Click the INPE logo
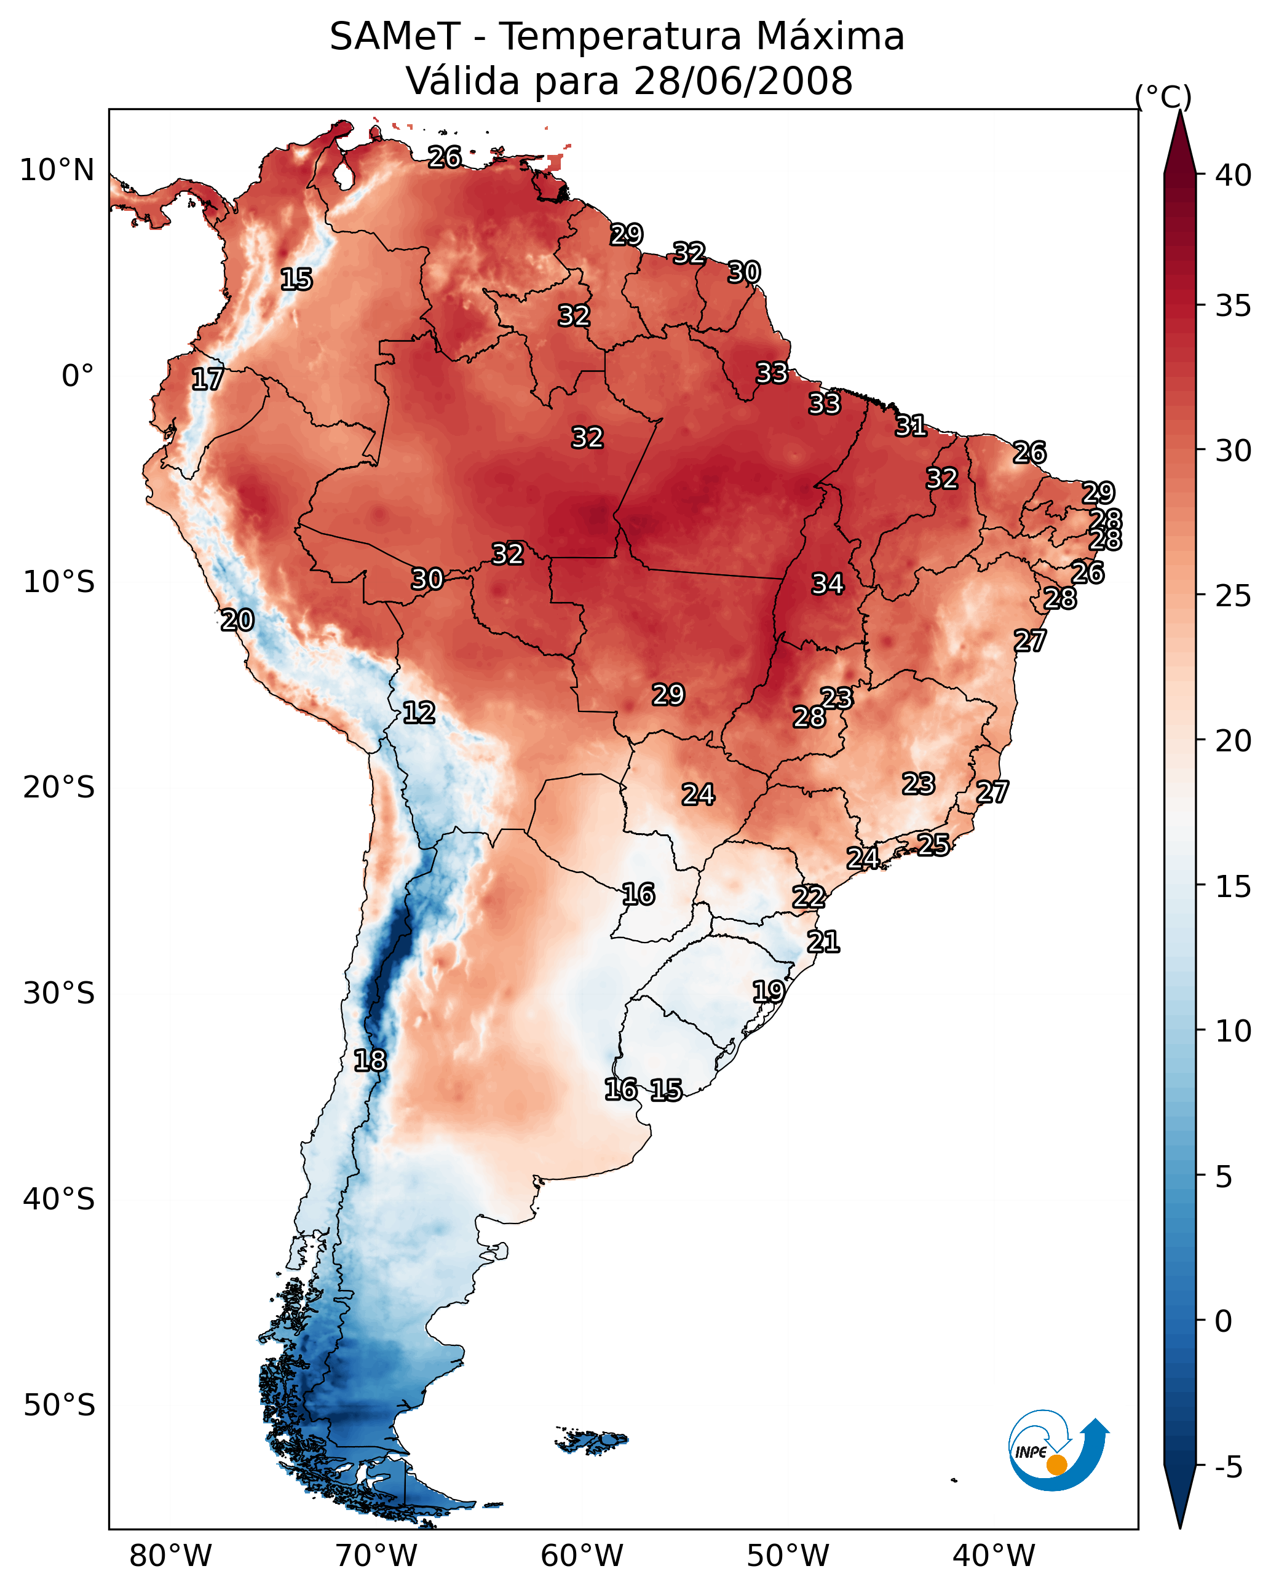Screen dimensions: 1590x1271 1056,1450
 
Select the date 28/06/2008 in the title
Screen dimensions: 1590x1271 742,81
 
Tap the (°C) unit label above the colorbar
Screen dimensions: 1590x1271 1163,97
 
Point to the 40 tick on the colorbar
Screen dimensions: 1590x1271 1233,175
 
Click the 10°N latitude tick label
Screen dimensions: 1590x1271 57,170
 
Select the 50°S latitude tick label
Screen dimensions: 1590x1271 58,1406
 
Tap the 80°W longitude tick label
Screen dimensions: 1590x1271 170,1556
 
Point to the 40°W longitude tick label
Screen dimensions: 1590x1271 994,1556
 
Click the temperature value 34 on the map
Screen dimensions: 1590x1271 828,584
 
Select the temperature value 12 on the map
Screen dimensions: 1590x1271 419,713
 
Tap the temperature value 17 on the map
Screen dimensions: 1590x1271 207,379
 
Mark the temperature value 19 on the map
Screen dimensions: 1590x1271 769,991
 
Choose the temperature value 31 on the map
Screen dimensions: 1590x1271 911,425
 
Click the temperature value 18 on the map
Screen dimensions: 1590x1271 370,1061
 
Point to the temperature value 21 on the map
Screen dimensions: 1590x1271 823,942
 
